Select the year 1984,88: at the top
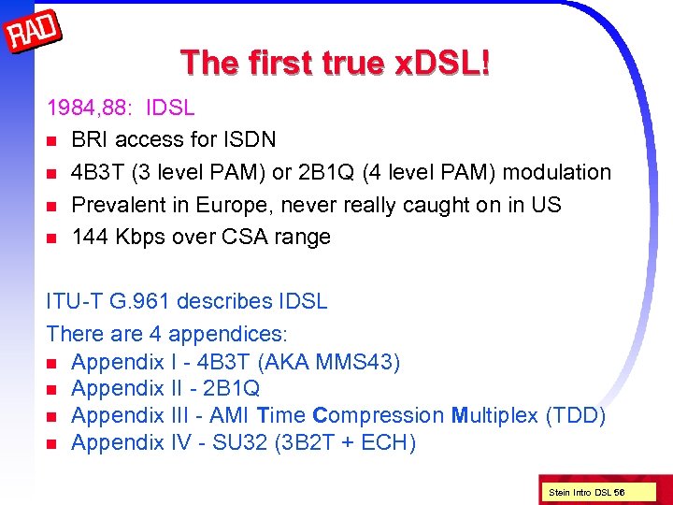coord(89,108)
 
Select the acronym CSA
coord(245,237)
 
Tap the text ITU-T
coord(75,302)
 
